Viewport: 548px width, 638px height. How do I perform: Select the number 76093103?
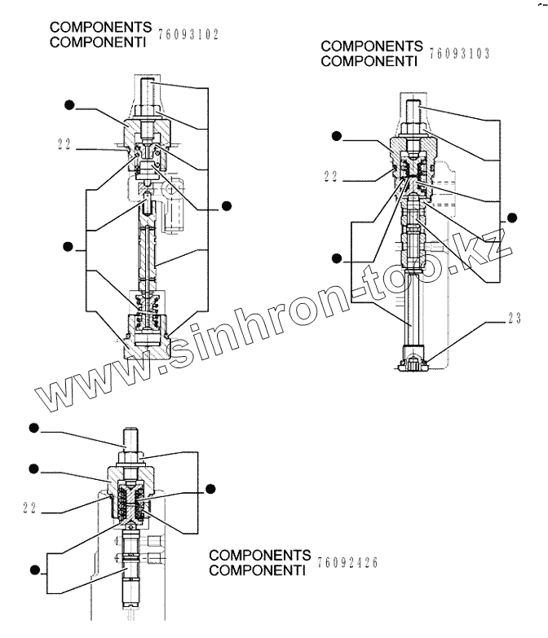pyautogui.click(x=457, y=54)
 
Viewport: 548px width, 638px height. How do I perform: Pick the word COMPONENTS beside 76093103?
pyautogui.click(x=372, y=46)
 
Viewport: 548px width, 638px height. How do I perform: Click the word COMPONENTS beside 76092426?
pyautogui.click(x=259, y=555)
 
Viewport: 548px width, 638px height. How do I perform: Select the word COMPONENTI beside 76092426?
pyautogui.click(x=259, y=569)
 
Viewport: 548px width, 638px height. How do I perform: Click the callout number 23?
pyautogui.click(x=514, y=319)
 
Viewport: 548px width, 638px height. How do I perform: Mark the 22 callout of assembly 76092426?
pyautogui.click(x=32, y=509)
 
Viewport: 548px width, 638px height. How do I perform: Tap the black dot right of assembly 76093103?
pyautogui.click(x=512, y=217)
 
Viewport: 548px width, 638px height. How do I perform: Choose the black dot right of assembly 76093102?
pyautogui.click(x=228, y=206)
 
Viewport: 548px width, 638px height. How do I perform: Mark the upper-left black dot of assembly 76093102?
pyautogui.click(x=70, y=104)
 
